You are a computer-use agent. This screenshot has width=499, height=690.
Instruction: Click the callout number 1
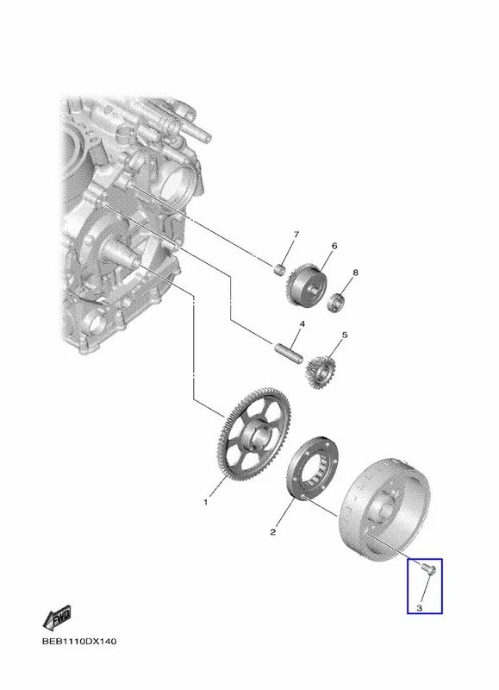pos(205,502)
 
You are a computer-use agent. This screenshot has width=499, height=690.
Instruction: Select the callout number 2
pos(272,532)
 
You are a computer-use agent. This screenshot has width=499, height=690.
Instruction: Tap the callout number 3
pos(419,608)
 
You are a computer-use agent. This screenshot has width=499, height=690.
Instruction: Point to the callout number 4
pos(302,324)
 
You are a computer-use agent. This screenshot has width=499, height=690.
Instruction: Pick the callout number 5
pos(345,336)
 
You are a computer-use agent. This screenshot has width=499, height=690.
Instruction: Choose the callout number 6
pos(334,246)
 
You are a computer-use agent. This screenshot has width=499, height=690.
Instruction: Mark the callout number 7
pos(296,235)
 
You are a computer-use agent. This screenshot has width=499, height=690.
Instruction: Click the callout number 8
pos(355,273)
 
